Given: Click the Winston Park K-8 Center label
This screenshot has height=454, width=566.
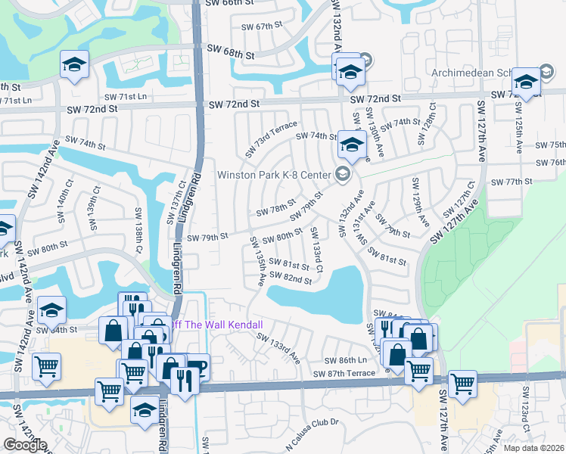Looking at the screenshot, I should (275, 175).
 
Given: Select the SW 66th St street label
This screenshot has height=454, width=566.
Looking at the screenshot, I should (226, 4).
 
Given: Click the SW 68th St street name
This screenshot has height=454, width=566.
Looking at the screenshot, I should (231, 54).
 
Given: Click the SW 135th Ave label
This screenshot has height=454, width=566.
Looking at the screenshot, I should (257, 260).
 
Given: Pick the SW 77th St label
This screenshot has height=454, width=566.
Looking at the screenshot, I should (512, 182).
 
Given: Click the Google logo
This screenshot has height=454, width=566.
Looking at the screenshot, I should (24, 445).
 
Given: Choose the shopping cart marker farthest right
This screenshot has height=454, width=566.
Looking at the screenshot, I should (462, 384).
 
